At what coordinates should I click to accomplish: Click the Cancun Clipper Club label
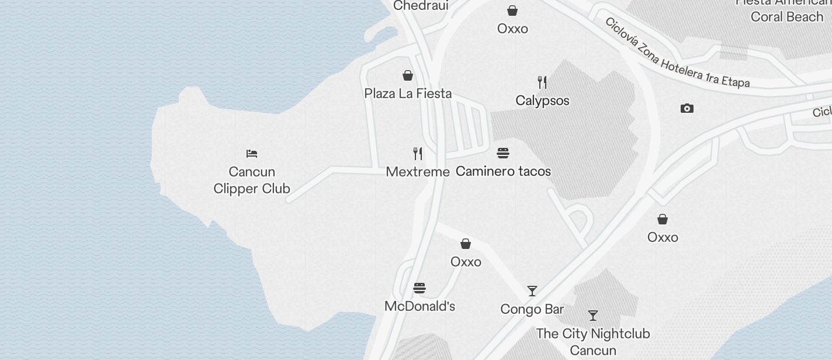pyautogui.click(x=252, y=180)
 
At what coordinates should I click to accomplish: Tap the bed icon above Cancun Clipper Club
pyautogui.click(x=252, y=154)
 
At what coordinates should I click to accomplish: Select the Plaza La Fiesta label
pyautogui.click(x=408, y=94)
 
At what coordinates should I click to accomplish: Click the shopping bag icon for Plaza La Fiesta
pyautogui.click(x=408, y=75)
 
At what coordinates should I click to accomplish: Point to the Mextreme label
pyautogui.click(x=418, y=172)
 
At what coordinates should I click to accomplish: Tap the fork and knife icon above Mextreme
pyautogui.click(x=418, y=154)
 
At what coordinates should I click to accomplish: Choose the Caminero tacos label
pyautogui.click(x=503, y=171)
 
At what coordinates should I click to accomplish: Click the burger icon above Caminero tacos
pyautogui.click(x=503, y=154)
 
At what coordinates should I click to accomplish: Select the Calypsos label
pyautogui.click(x=542, y=101)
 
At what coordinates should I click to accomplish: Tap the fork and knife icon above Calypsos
pyautogui.click(x=542, y=82)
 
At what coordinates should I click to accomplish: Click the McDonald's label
pyautogui.click(x=420, y=306)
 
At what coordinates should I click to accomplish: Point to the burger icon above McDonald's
pyautogui.click(x=420, y=288)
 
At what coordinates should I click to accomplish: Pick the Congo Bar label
pyautogui.click(x=532, y=309)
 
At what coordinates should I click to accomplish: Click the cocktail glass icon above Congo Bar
pyautogui.click(x=532, y=291)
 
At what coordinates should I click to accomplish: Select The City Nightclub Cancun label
pyautogui.click(x=593, y=342)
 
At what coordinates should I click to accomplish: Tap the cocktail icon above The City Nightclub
pyautogui.click(x=593, y=316)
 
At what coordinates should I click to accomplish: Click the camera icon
pyautogui.click(x=687, y=108)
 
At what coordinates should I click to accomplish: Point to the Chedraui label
pyautogui.click(x=421, y=6)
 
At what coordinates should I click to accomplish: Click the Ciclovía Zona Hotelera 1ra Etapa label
pyautogui.click(x=677, y=53)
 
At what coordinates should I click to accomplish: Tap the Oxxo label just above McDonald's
pyautogui.click(x=466, y=262)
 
